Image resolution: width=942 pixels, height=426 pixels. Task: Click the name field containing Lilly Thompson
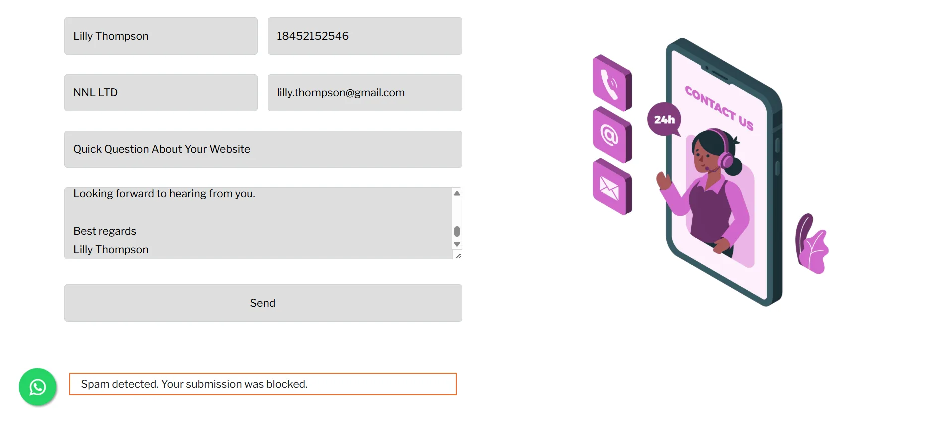161,36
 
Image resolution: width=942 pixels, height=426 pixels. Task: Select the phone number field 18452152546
365,36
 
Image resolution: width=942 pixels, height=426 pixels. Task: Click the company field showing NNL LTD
161,93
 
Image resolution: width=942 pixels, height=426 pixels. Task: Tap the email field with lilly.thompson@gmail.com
365,93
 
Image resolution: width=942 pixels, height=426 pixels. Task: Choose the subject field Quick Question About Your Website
263,149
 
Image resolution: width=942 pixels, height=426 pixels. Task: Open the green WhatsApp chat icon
38,387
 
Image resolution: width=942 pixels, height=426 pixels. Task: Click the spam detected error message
263,384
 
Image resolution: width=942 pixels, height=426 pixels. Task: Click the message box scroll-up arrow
457,193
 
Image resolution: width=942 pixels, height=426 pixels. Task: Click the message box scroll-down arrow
457,244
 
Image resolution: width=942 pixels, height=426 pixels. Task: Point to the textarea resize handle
458,256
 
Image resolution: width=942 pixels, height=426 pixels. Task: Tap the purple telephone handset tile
612,83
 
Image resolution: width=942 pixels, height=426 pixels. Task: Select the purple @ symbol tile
612,135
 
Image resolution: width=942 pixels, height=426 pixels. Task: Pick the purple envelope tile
612,187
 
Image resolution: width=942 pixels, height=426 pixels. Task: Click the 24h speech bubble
664,119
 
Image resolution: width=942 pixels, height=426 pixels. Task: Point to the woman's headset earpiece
726,160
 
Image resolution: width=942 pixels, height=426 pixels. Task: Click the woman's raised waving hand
664,181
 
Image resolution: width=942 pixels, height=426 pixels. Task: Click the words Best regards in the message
105,231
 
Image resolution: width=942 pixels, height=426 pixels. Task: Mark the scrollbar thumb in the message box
457,231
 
